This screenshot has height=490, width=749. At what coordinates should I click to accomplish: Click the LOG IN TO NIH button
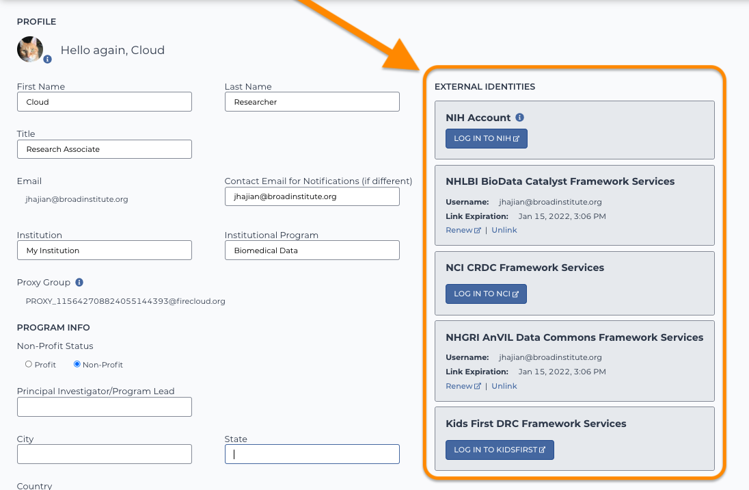487,138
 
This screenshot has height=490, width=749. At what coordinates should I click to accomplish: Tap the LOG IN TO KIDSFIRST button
500,450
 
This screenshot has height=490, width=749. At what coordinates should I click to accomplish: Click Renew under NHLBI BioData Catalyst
463,230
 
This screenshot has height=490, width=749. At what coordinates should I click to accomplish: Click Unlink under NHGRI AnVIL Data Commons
504,386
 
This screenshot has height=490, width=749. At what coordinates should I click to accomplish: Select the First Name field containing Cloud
104,102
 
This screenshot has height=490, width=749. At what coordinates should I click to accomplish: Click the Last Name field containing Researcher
312,102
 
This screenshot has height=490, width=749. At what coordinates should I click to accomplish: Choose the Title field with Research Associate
104,149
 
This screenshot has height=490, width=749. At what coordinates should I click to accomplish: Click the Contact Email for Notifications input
312,196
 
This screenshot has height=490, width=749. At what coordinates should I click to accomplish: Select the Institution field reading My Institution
104,250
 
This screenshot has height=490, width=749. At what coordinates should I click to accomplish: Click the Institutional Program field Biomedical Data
312,250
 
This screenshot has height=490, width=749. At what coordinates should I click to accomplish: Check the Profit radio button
29,364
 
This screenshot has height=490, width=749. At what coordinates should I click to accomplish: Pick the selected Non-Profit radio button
77,364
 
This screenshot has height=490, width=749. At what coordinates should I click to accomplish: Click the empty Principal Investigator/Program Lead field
104,407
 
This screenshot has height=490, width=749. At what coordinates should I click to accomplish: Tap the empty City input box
104,454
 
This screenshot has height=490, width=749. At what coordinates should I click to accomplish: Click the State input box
312,454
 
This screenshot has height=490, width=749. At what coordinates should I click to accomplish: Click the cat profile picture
30,49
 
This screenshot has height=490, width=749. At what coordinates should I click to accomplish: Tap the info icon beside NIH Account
519,117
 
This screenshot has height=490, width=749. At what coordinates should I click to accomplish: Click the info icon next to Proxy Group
79,283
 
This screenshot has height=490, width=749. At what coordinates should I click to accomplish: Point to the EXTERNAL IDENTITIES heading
485,87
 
